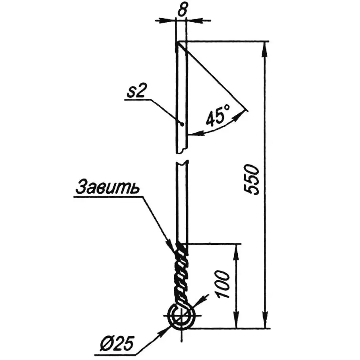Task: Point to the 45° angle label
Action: click(x=218, y=115)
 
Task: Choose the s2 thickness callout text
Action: click(x=135, y=92)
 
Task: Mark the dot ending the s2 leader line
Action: click(x=181, y=124)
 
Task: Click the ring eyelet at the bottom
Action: click(x=181, y=317)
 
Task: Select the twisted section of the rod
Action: click(x=181, y=274)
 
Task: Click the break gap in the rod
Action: click(x=181, y=156)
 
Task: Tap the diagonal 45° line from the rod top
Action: click(x=212, y=76)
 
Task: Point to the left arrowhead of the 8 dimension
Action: click(x=171, y=19)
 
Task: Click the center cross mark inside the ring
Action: click(x=181, y=317)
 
